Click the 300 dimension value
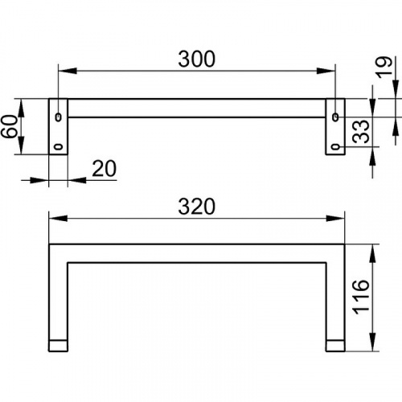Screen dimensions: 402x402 point(197,59)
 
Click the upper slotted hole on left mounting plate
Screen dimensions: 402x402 point(59,117)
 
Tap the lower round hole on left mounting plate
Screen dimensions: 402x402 point(59,146)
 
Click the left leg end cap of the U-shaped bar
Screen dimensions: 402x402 point(59,345)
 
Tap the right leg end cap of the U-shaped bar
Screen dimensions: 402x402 point(335,345)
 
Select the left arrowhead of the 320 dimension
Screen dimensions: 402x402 point(55,218)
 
